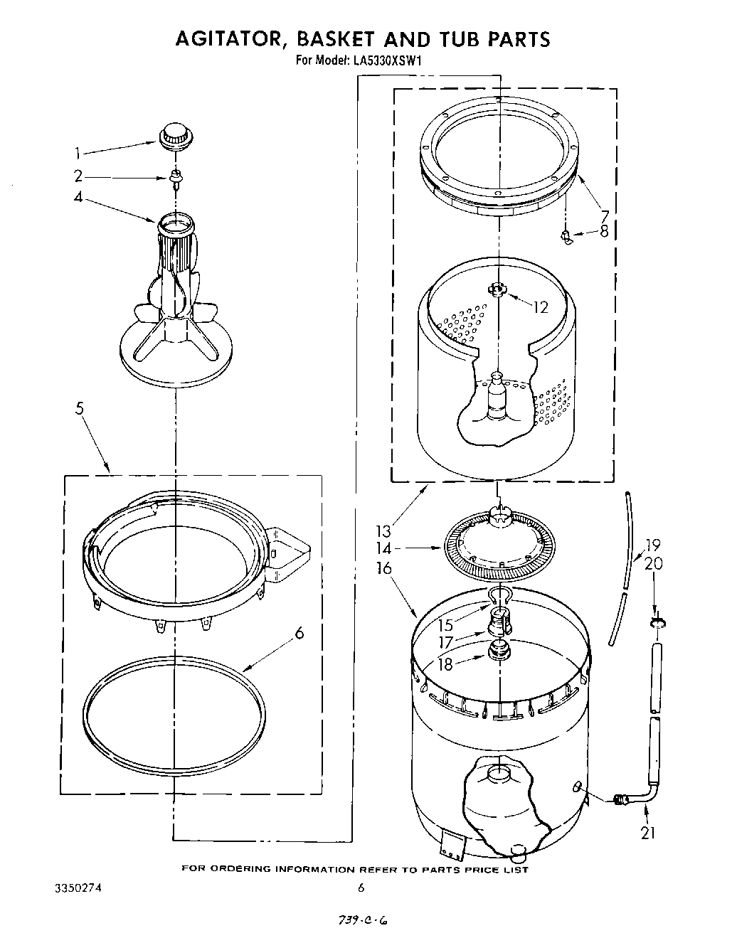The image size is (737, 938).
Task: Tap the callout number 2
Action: [78, 176]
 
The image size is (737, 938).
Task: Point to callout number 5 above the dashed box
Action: [80, 408]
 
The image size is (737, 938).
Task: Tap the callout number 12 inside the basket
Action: [541, 307]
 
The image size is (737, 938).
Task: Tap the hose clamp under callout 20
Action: [657, 623]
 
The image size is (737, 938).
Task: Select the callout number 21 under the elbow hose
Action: [647, 833]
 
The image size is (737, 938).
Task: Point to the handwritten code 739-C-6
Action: [364, 921]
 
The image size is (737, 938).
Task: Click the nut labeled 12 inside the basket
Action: [496, 289]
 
